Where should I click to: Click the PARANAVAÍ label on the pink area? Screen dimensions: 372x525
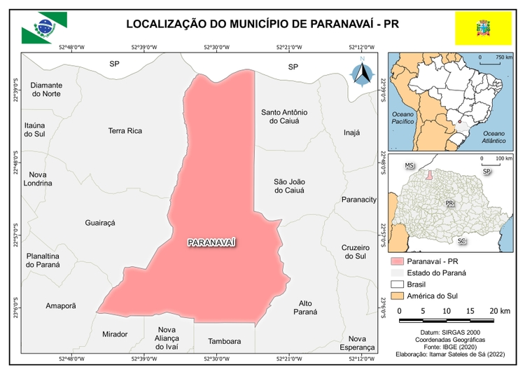coord(212,242)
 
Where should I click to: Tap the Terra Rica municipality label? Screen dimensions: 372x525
coord(125,131)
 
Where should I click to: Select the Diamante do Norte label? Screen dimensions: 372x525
coord(46,90)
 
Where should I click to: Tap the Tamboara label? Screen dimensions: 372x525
coord(224,342)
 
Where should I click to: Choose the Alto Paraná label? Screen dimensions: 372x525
coord(304,308)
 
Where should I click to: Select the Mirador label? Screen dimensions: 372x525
coord(115,334)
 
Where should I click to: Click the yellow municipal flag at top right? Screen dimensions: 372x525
coord(482,29)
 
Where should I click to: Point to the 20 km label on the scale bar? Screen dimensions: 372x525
coord(499,310)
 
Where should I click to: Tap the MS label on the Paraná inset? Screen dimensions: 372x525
coord(410,165)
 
